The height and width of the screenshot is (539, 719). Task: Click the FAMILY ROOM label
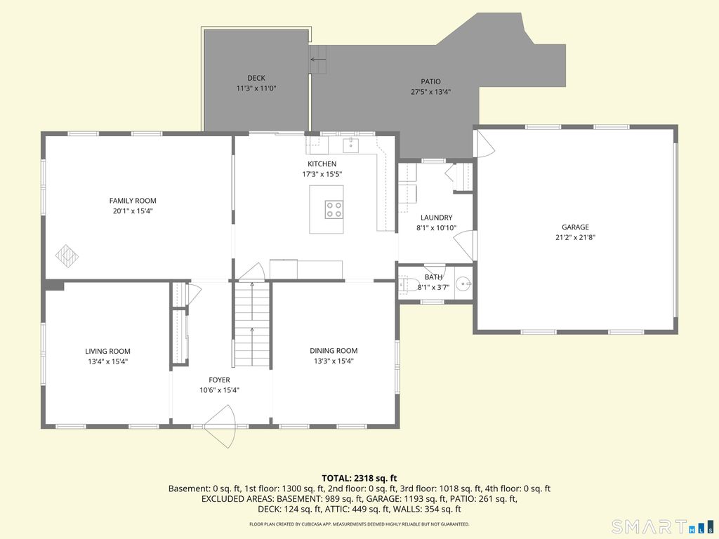coord(133,200)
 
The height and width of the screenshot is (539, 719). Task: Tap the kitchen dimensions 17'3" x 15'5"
coord(322,174)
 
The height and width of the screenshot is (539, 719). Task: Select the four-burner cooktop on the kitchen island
coord(334,209)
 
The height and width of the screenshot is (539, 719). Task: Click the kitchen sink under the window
coord(351,145)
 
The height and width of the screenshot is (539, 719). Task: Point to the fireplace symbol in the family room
coord(67,255)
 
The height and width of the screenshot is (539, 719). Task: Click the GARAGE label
coord(575,227)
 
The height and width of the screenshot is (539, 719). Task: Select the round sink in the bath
coord(465,284)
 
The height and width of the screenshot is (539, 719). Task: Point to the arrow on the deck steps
coord(318,60)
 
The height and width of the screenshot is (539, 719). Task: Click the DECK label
coord(256,78)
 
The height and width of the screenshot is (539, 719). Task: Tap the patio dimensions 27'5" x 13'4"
coord(430,92)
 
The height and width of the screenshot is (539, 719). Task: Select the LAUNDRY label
coord(437,218)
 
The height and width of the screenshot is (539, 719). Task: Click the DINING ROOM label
coord(334,351)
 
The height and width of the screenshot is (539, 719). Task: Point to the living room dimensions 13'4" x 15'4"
coord(107,361)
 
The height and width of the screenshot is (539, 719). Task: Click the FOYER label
coord(219,380)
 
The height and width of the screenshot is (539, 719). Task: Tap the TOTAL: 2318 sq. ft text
coord(359,479)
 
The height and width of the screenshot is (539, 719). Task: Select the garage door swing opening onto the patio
coord(485,143)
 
